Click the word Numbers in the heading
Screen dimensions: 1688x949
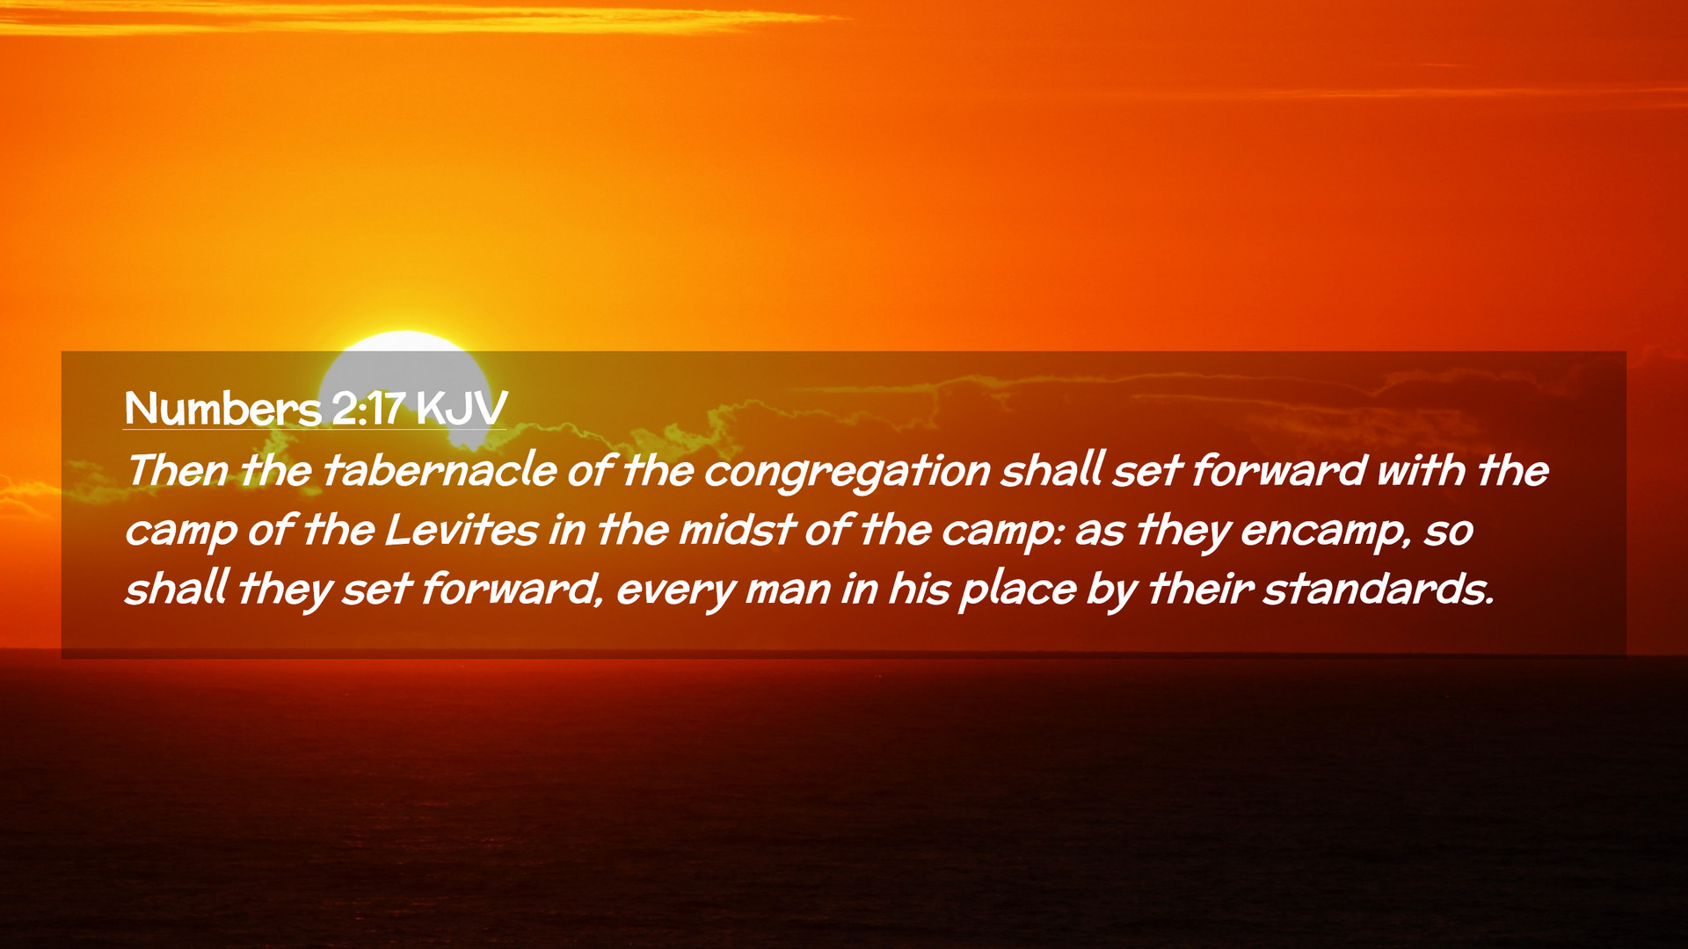coord(223,409)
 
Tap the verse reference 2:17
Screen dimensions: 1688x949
coord(368,409)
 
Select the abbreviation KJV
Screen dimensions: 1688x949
coord(462,409)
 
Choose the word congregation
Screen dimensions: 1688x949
coord(848,473)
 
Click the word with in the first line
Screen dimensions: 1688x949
coord(1421,471)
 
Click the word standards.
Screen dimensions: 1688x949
coord(1379,589)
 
